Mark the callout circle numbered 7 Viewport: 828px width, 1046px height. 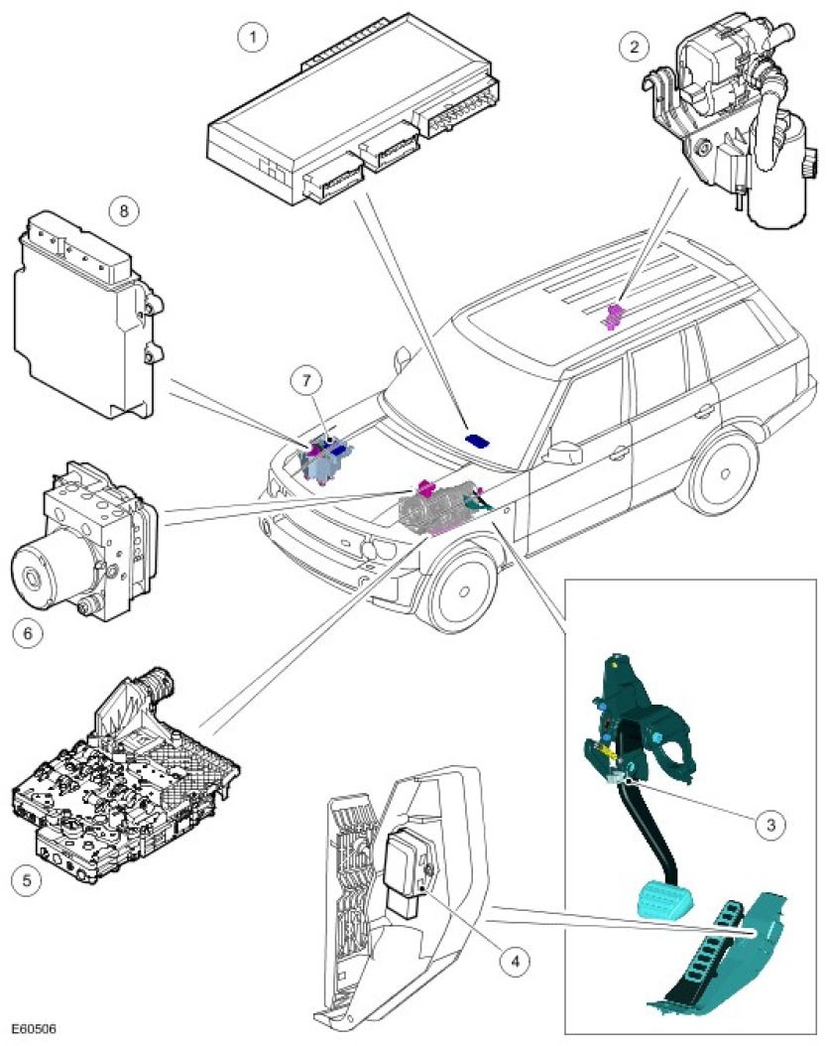point(307,380)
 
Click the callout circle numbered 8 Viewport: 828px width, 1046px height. point(123,210)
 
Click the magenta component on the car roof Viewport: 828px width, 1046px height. point(615,317)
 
